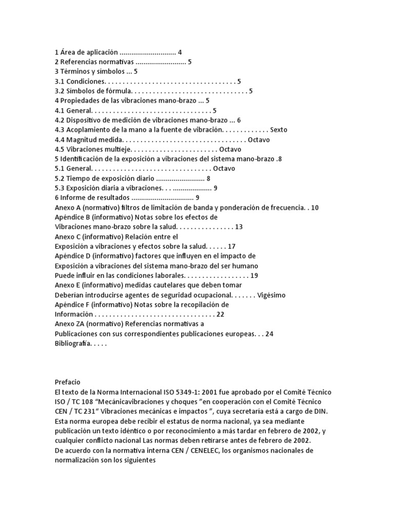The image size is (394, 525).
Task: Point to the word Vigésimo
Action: click(x=271, y=295)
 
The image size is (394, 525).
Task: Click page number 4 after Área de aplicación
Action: click(x=180, y=52)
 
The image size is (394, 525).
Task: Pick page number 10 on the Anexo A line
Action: click(x=315, y=207)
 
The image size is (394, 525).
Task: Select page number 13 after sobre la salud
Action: click(x=239, y=227)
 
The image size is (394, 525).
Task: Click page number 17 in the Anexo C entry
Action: click(x=231, y=246)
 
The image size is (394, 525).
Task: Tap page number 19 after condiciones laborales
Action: click(x=254, y=275)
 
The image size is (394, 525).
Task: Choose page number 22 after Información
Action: click(x=221, y=314)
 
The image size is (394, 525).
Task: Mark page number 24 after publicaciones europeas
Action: click(x=269, y=333)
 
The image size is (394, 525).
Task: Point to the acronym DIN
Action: click(x=320, y=411)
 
